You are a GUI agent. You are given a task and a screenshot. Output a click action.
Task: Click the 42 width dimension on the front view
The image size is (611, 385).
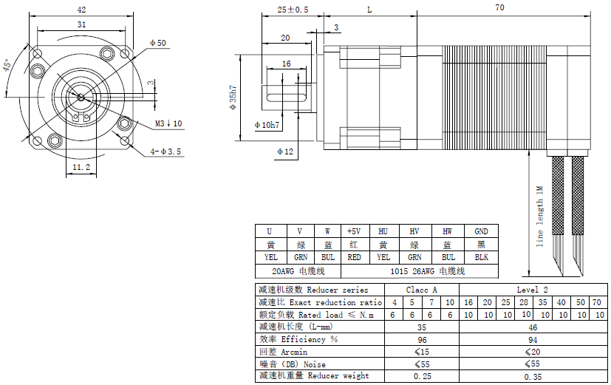click(x=81, y=10)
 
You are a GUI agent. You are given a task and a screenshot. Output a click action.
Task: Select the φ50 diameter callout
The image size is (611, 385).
click(x=158, y=43)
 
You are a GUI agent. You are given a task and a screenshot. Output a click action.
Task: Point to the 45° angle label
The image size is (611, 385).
click(x=7, y=65)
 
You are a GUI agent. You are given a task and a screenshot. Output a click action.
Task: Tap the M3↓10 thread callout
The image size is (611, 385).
click(x=168, y=123)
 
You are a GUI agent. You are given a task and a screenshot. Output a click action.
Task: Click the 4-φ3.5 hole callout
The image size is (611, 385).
click(x=166, y=151)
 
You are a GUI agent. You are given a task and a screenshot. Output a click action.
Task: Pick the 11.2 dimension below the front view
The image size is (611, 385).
click(x=81, y=167)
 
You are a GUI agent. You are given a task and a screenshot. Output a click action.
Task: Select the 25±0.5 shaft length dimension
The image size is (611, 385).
click(x=293, y=10)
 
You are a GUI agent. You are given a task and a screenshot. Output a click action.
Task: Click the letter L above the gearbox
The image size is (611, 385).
click(x=369, y=10)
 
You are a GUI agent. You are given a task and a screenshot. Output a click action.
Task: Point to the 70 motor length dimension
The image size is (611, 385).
click(x=499, y=7)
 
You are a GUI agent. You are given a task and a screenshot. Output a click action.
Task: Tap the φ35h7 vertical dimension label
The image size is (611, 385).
click(x=233, y=98)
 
